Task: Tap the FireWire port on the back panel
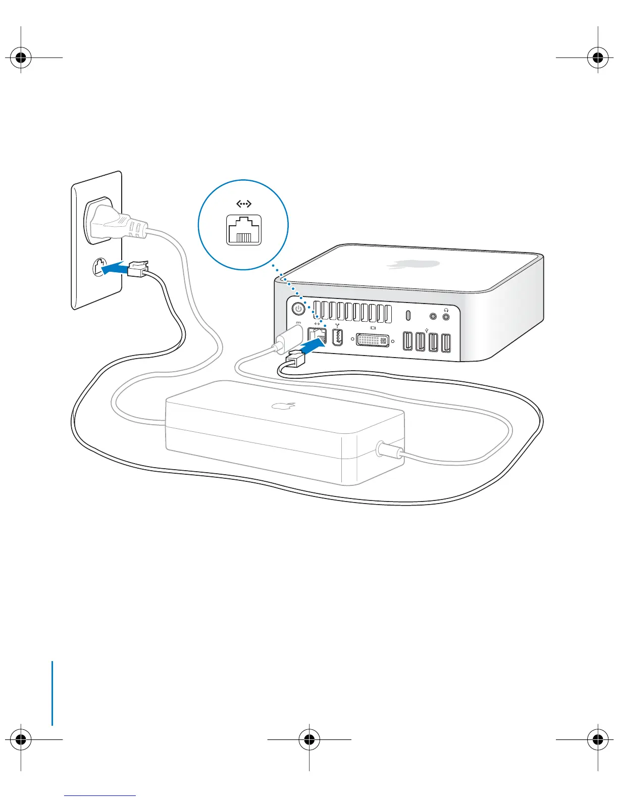click(338, 338)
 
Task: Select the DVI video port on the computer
click(373, 340)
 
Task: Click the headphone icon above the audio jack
click(446, 310)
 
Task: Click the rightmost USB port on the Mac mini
click(445, 343)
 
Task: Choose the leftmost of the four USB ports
click(407, 341)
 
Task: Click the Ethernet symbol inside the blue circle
click(244, 204)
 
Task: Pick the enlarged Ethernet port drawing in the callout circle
click(244, 230)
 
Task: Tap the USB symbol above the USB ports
click(428, 331)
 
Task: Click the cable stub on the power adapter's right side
click(390, 448)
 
